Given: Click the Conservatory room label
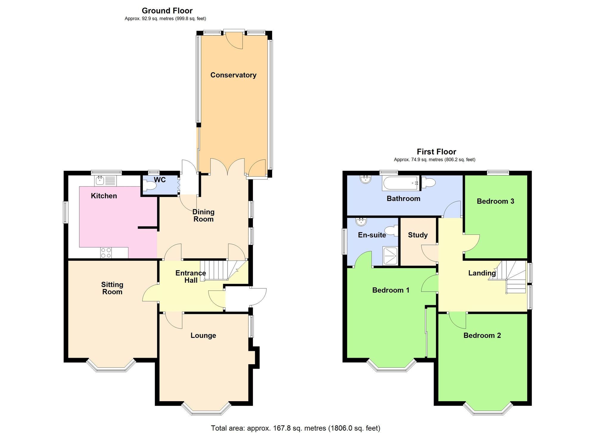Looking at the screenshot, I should (233, 75).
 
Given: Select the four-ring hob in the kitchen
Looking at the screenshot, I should (106, 253).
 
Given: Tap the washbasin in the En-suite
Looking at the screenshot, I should (361, 221).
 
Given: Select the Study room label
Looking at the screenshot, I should (418, 235).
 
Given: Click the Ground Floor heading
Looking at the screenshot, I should (167, 11).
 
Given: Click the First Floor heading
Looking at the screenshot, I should (436, 152).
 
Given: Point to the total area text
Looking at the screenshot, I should (296, 428).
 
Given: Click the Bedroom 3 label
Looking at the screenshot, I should (495, 201).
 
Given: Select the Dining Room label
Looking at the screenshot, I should (203, 215).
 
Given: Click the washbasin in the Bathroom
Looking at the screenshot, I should (365, 179).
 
